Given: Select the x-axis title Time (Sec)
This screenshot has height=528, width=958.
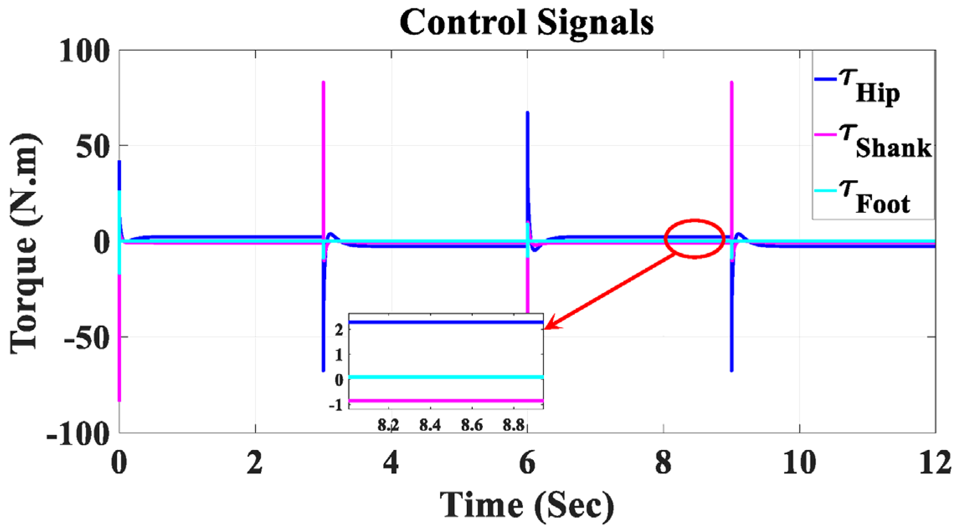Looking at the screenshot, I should pyautogui.click(x=526, y=505).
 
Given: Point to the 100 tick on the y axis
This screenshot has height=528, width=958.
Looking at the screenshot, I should pyautogui.click(x=84, y=52).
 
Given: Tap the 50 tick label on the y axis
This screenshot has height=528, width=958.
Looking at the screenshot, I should pyautogui.click(x=93, y=147).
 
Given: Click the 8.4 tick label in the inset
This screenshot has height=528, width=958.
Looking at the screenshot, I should pyautogui.click(x=430, y=425).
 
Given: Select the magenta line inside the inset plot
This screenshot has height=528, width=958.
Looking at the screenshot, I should pyautogui.click(x=446, y=401).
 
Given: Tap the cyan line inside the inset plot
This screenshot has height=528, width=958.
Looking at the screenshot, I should pyautogui.click(x=446, y=377).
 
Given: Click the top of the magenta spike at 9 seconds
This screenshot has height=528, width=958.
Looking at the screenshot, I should pyautogui.click(x=731, y=83).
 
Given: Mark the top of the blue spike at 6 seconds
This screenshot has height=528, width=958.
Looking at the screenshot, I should pyautogui.click(x=528, y=113).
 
